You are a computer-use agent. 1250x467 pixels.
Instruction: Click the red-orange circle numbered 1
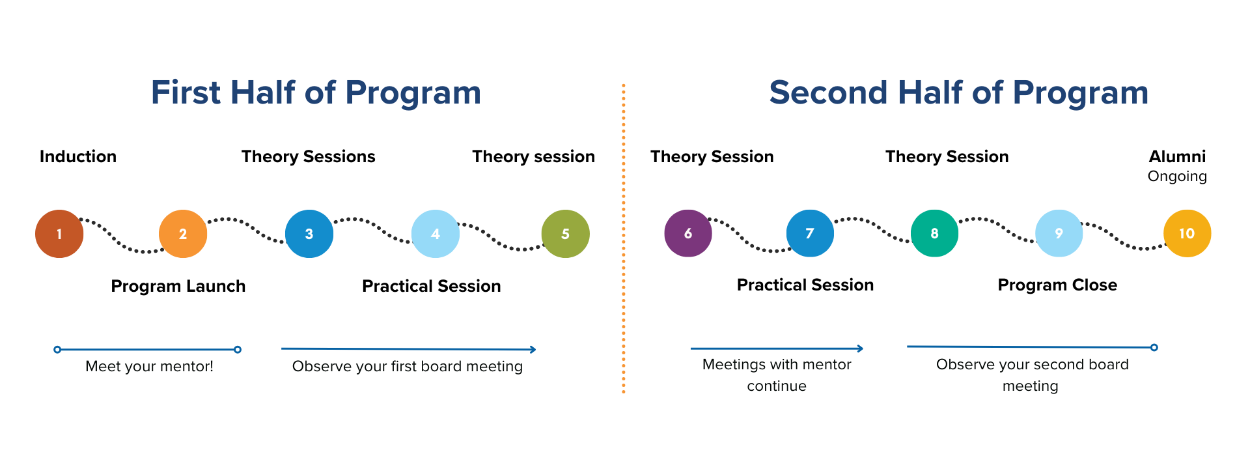pos(59,234)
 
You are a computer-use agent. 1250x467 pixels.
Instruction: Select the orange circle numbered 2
pos(183,234)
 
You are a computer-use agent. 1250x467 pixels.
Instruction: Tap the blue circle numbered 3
pos(309,234)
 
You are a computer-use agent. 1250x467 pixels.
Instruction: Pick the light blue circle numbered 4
pos(436,234)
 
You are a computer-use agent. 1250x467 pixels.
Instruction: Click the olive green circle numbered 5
pos(565,234)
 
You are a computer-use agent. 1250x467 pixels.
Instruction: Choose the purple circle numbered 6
pos(688,233)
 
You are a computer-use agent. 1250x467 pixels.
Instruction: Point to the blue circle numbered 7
pos(810,233)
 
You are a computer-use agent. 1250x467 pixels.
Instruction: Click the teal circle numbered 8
pos(934,233)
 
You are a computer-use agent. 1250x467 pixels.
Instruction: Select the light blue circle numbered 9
pos(1059,233)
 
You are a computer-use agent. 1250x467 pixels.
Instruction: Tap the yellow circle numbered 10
pos(1187,233)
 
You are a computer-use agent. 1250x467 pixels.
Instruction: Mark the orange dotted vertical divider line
pos(624,238)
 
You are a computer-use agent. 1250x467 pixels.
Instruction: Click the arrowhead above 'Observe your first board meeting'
pos(533,350)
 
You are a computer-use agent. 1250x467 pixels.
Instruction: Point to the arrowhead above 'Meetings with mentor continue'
pos(860,349)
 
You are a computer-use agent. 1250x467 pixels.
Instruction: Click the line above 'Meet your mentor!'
pos(147,350)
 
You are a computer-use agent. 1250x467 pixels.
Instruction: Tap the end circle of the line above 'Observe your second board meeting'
pos(1154,348)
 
